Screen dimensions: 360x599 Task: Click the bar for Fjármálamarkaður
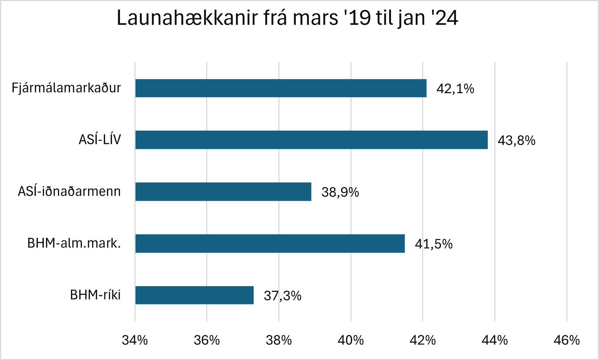click(x=281, y=88)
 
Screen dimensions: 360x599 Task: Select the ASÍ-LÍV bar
click(x=311, y=140)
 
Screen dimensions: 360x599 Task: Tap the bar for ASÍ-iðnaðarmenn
click(x=223, y=192)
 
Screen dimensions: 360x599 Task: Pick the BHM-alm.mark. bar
click(x=270, y=244)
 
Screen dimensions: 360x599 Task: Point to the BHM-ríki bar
click(x=194, y=295)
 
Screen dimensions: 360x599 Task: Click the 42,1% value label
click(x=455, y=89)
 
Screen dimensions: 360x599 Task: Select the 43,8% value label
click(x=516, y=141)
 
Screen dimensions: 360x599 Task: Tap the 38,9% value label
click(x=340, y=192)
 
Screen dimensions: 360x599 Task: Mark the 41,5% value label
click(x=433, y=244)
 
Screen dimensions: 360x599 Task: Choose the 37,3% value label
click(x=283, y=296)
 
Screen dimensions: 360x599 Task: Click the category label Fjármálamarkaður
click(x=66, y=88)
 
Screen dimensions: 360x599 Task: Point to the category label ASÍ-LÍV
click(x=100, y=140)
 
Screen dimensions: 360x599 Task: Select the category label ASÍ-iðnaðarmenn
click(x=69, y=191)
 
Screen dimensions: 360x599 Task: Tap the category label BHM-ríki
click(x=95, y=295)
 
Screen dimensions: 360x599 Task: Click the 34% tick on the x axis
click(x=135, y=340)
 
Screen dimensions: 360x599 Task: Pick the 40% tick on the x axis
click(x=351, y=340)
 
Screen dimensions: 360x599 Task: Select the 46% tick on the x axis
click(x=567, y=340)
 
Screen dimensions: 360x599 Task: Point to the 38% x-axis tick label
click(x=279, y=340)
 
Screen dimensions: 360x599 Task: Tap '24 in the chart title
click(x=445, y=18)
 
